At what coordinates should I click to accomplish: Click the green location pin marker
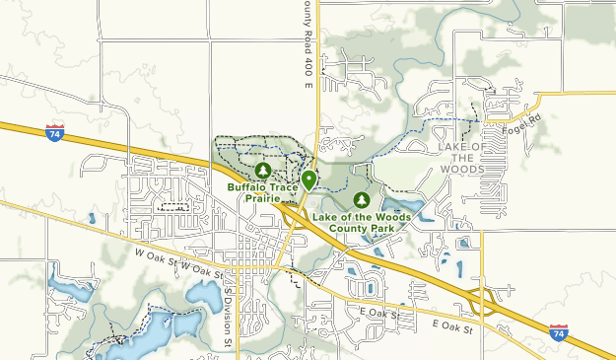point(309,180)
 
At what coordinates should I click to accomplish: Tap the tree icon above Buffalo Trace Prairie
point(262,170)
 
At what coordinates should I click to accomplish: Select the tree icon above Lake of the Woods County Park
point(361,200)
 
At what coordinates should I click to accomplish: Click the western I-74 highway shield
point(55,132)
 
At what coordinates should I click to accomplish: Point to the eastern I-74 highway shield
point(559,332)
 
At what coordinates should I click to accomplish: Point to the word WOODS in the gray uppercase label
point(460,170)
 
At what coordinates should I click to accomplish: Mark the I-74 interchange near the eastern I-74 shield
point(483,302)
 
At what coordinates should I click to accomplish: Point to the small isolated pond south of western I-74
point(91,218)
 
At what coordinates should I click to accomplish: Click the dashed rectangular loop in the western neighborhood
point(173,207)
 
